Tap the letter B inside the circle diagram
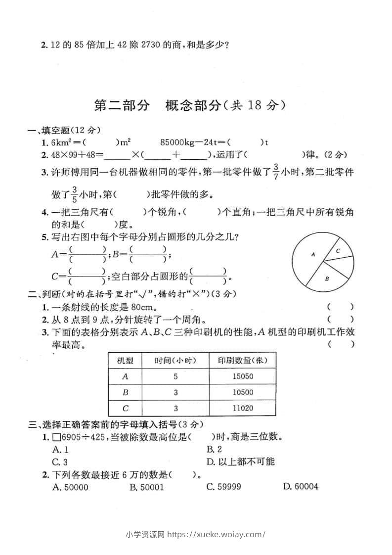pyautogui.click(x=327, y=279)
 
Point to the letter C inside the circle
pyautogui.click(x=338, y=251)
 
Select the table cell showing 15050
pyautogui.click(x=242, y=376)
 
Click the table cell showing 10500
pyautogui.click(x=242, y=392)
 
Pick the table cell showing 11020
pyautogui.click(x=242, y=408)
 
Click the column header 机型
pyautogui.click(x=125, y=360)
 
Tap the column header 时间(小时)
pyautogui.click(x=175, y=360)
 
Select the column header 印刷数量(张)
pyautogui.click(x=242, y=360)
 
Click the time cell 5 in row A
pyautogui.click(x=175, y=376)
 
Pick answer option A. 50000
pyautogui.click(x=70, y=487)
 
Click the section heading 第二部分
pyautogui.click(x=121, y=105)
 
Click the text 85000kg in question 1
pyautogui.click(x=178, y=142)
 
